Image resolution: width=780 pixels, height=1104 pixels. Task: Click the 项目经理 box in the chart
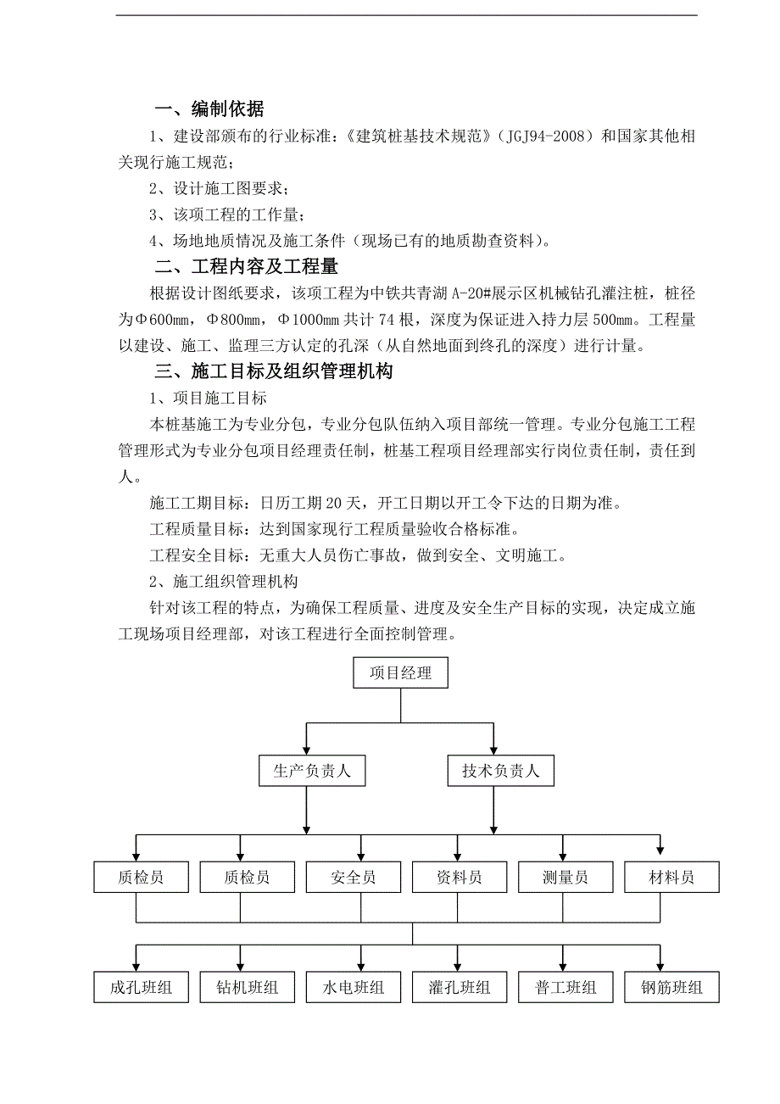tap(400, 674)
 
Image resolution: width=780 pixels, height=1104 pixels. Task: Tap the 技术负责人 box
tap(500, 772)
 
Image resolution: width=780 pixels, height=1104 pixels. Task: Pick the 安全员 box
tap(354, 878)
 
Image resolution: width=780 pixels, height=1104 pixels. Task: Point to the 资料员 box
tap(460, 878)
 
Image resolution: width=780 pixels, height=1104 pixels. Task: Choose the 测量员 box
tap(565, 878)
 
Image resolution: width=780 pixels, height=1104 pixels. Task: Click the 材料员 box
tap(671, 878)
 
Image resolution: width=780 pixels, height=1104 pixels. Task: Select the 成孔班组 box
tap(141, 988)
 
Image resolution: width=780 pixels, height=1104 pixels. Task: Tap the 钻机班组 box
tap(247, 988)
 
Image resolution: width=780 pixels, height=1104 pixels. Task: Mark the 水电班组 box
tap(354, 988)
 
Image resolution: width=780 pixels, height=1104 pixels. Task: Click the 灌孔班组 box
tap(460, 988)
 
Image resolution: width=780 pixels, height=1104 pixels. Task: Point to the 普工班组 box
tap(565, 988)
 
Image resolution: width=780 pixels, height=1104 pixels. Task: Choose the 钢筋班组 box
tap(671, 988)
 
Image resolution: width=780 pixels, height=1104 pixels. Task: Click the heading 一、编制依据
tap(210, 109)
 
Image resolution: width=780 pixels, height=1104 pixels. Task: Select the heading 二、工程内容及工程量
tap(247, 267)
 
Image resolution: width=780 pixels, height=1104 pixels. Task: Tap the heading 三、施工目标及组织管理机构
tap(274, 371)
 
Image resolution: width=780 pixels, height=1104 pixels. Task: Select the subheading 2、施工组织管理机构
tap(223, 582)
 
